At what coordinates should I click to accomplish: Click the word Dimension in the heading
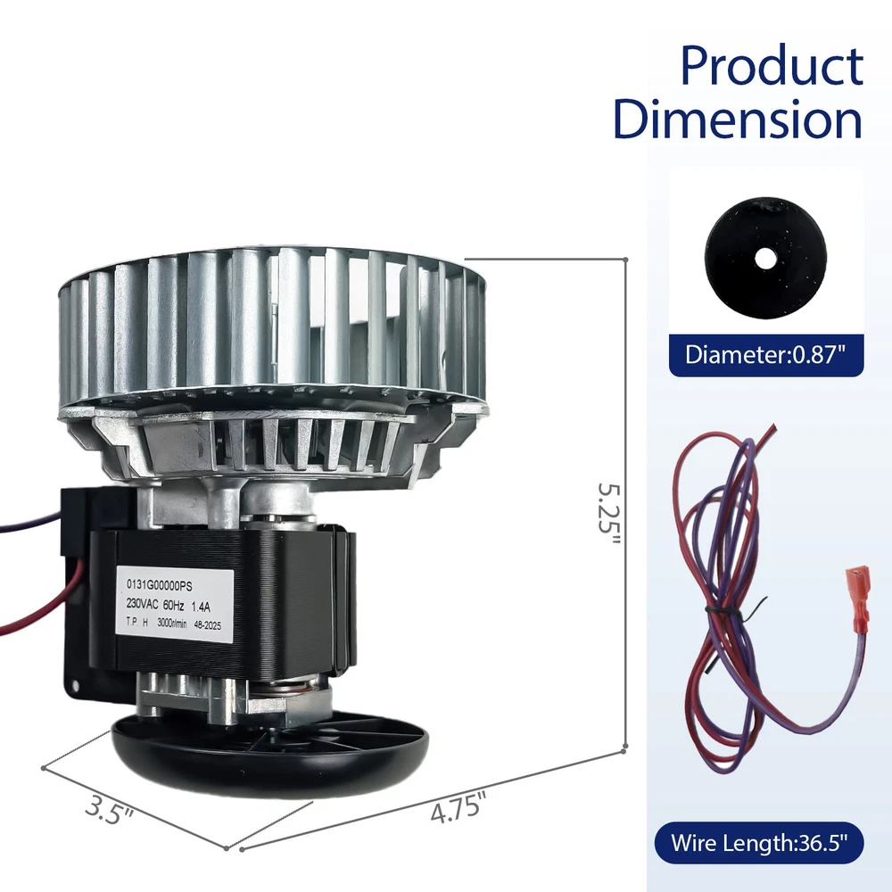coord(738,119)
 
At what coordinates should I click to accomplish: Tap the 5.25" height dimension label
coord(608,516)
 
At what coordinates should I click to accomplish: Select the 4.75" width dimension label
coord(458,807)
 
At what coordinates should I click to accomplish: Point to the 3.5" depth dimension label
coord(109,811)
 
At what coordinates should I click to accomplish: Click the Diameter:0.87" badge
coord(765,355)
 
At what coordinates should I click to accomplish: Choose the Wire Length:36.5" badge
coord(759,843)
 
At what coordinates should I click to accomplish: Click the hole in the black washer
coord(764,260)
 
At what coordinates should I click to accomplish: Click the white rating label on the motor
coord(175,603)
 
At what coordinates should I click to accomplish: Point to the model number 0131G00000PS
coord(160,585)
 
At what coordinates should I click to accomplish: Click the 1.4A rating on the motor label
coord(201,607)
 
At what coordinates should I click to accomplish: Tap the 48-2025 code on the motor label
coord(208,626)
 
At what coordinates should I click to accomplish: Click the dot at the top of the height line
coord(625,260)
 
